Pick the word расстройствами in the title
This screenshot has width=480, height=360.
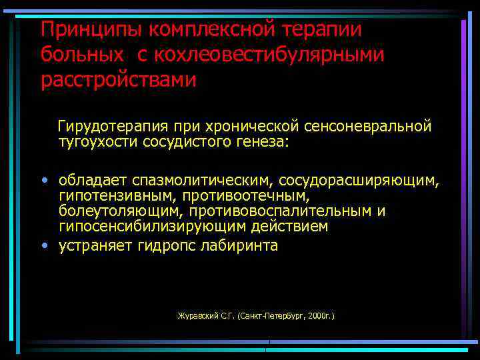pyautogui.click(x=119, y=80)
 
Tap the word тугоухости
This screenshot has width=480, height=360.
pyautogui.click(x=98, y=141)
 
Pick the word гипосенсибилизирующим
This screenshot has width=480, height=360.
pyautogui.click(x=151, y=227)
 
